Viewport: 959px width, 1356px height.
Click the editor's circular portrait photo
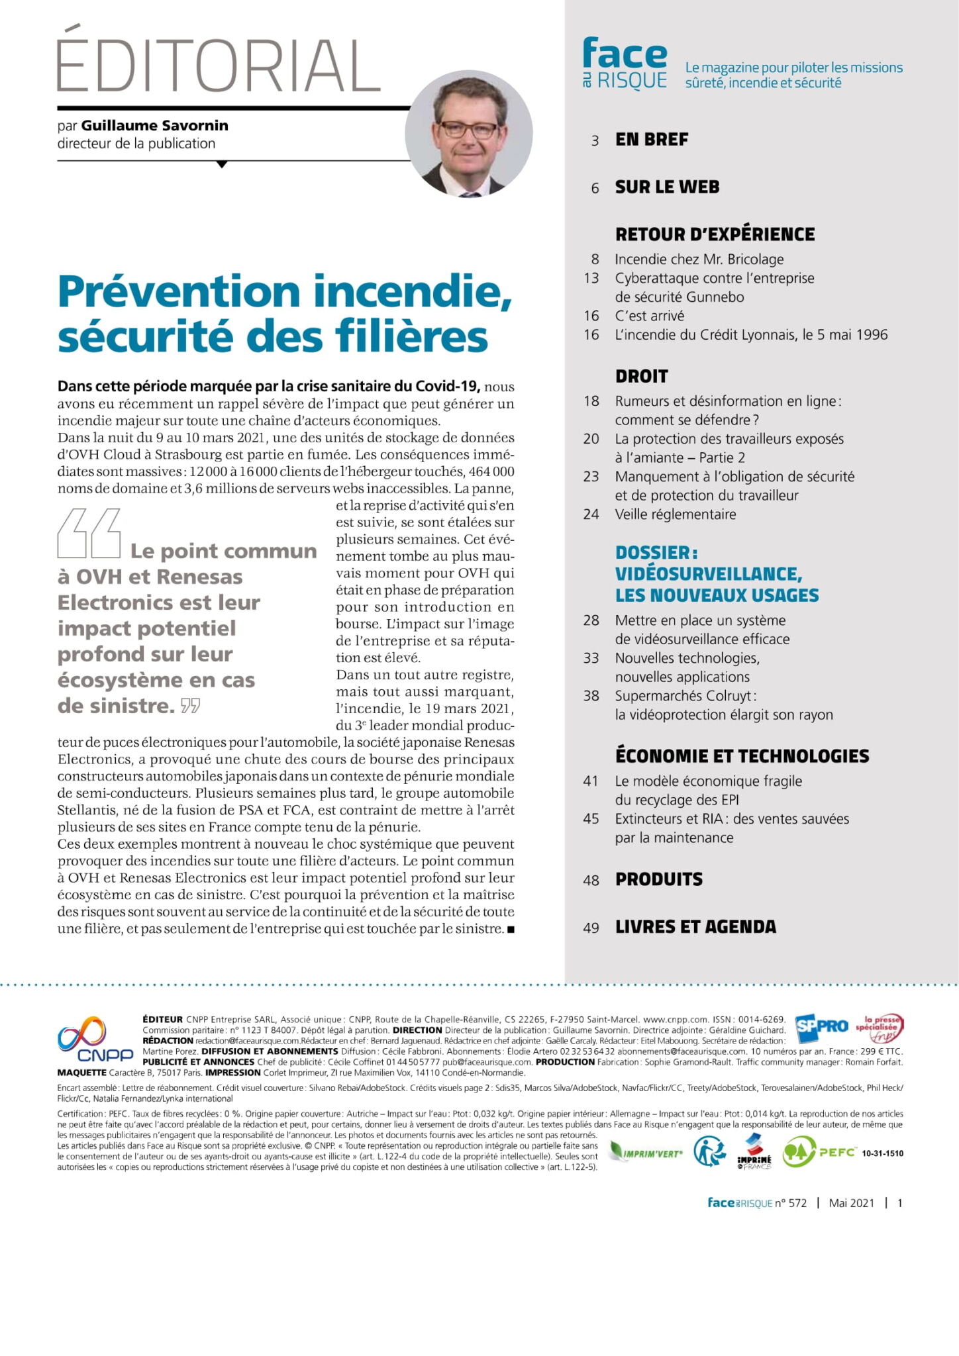click(468, 134)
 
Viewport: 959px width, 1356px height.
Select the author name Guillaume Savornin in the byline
click(155, 125)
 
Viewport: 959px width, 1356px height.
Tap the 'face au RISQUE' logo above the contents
click(625, 64)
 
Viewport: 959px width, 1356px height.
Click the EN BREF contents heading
click(652, 140)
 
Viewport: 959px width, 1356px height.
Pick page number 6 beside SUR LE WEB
click(595, 188)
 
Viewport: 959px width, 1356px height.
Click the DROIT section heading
click(641, 376)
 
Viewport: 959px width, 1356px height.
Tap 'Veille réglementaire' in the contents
click(675, 514)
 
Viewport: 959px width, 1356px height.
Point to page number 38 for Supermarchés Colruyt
click(591, 696)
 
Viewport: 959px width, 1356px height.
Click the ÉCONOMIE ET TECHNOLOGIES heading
click(742, 756)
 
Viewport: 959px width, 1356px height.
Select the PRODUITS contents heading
click(658, 880)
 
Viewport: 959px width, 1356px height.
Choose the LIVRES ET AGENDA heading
click(695, 927)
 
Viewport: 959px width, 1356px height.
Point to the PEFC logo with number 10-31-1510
click(841, 1153)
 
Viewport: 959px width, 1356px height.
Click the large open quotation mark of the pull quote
click(89, 533)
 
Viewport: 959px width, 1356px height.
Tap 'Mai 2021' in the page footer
click(851, 1203)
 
